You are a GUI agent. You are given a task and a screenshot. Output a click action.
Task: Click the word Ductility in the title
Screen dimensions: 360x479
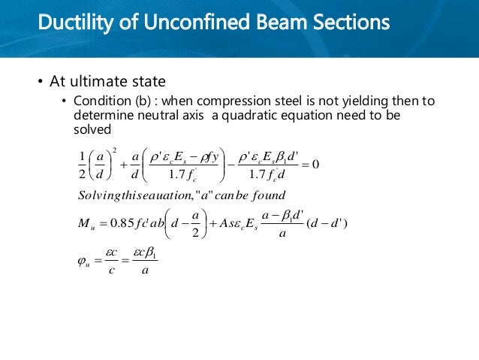click(x=71, y=22)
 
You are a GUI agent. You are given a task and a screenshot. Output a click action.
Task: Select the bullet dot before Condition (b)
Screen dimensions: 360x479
click(x=65, y=102)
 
